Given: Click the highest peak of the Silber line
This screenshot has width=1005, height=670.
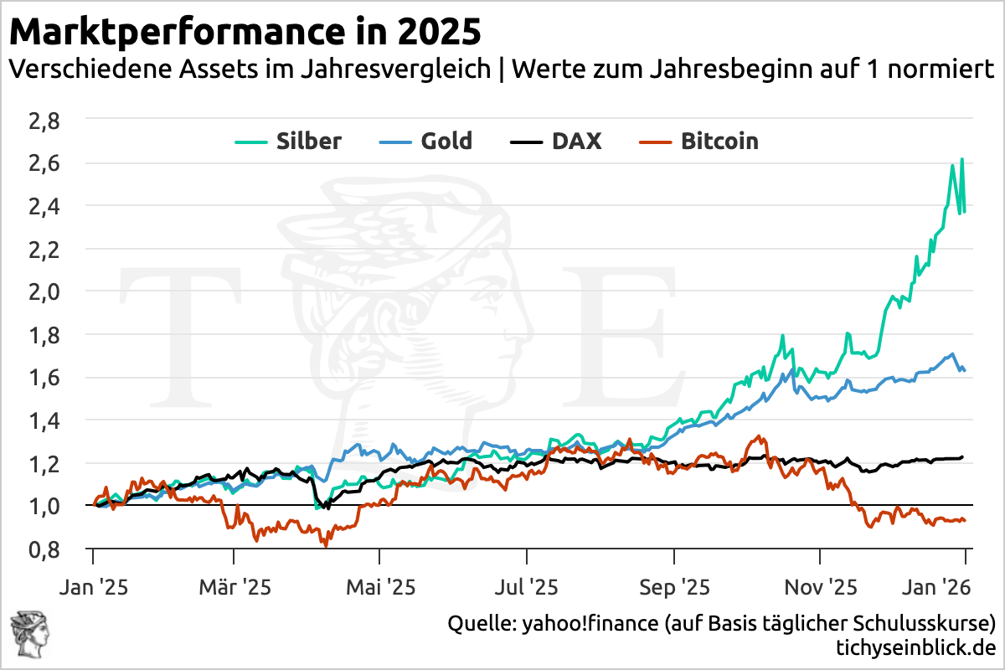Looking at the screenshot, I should pos(961,159).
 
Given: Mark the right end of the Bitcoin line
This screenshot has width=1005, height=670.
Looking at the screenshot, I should pos(965,520).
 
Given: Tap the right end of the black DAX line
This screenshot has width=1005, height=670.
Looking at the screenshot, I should pos(963,457).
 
